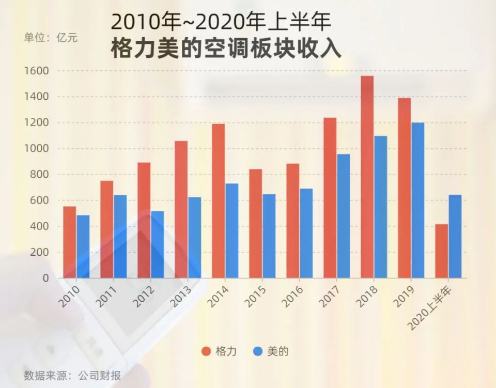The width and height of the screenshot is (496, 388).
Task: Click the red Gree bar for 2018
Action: (x=367, y=177)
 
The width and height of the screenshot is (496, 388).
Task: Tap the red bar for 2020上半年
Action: (x=441, y=251)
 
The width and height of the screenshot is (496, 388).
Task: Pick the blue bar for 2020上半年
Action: (x=455, y=237)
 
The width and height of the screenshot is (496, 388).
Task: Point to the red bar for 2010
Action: (x=69, y=242)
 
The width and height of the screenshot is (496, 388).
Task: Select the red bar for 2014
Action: (x=218, y=201)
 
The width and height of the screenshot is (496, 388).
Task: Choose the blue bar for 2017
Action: (x=343, y=216)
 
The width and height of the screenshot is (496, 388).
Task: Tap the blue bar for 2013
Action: (x=194, y=238)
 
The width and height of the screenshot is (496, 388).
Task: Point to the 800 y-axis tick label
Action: (x=39, y=175)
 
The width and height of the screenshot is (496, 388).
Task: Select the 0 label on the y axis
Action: (x=45, y=278)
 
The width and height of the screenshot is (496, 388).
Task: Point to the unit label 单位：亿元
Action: (x=51, y=38)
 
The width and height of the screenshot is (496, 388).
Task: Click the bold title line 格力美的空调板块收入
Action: (x=226, y=49)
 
